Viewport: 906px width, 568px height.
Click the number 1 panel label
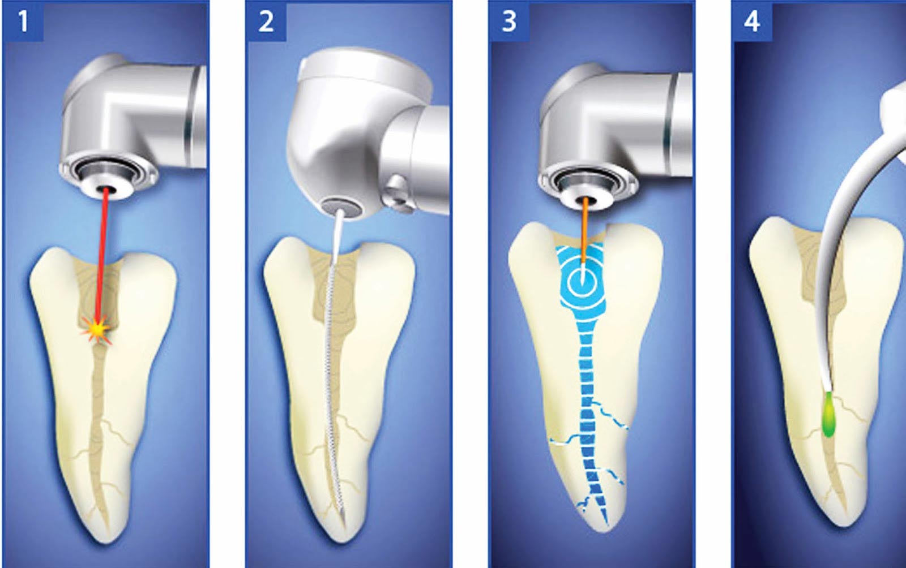pyautogui.click(x=23, y=21)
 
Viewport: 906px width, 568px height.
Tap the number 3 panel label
pyautogui.click(x=509, y=21)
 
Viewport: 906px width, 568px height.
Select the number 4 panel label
pyautogui.click(x=752, y=21)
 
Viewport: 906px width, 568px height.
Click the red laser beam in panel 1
pyautogui.click(x=102, y=259)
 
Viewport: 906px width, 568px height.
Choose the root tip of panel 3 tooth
pyautogui.click(x=606, y=529)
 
